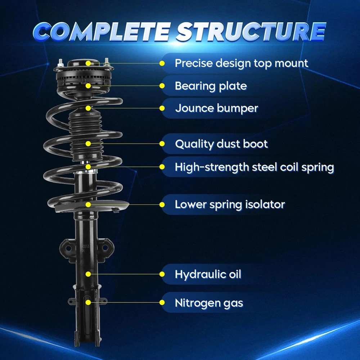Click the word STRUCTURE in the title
[251, 32]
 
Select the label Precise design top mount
[241, 63]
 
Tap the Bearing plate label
[211, 86]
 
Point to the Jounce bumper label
[216, 108]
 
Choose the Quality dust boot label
[221, 144]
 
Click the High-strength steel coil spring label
[254, 167]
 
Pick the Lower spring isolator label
[230, 205]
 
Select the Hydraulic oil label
[208, 274]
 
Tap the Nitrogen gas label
[209, 303]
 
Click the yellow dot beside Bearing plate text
[162, 86]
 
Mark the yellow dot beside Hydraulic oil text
[162, 274]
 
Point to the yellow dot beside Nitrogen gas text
[162, 303]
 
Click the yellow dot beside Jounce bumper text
[162, 108]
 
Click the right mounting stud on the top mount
[107, 62]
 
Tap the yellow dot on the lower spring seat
[88, 204]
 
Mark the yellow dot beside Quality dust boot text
[162, 144]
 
